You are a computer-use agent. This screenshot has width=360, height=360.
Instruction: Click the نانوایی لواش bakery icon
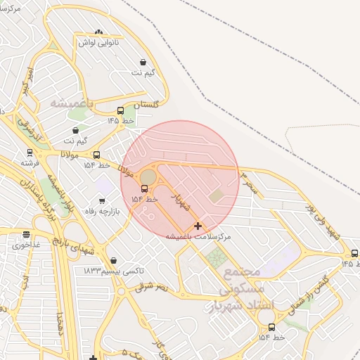pos(98,32)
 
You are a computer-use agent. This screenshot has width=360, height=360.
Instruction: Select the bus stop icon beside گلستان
pos(121,110)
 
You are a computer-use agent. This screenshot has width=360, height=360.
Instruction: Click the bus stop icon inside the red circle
pos(145,188)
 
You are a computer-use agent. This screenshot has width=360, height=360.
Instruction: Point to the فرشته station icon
pos(30,152)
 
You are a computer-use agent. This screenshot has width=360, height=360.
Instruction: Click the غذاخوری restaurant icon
pos(27,235)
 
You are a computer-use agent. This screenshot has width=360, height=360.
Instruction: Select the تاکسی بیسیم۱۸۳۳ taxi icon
pos(114,261)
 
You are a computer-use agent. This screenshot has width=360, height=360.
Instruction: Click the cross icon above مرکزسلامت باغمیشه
pos(198,226)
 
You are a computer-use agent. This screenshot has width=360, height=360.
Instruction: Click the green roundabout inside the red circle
pos(148,175)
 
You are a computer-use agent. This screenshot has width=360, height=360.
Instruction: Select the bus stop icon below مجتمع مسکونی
pos(271,327)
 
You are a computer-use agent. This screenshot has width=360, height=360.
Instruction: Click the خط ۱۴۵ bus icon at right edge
pos(354,253)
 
